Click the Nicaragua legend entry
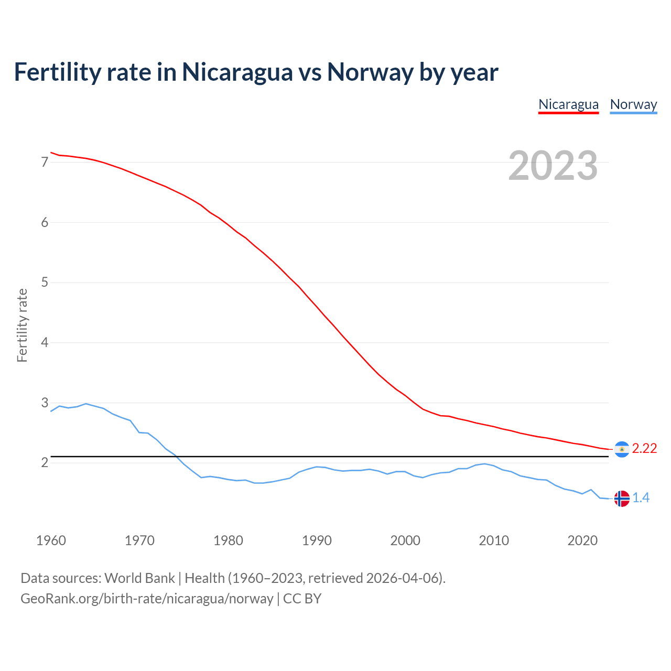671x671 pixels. point(568,104)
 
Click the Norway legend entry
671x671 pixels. point(633,104)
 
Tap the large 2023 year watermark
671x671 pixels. point(553,166)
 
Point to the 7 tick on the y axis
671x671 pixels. point(45,163)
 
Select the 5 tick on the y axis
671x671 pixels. point(45,283)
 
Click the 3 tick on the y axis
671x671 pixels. point(45,403)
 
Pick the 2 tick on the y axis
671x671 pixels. point(45,463)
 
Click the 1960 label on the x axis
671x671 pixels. point(51,540)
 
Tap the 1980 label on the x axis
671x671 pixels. point(228,540)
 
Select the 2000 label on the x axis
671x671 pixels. point(405,540)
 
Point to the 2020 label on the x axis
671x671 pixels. point(582,540)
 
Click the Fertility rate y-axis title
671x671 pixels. point(22,325)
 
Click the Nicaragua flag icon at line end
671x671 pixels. point(622,449)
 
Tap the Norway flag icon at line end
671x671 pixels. point(622,499)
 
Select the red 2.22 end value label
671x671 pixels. point(644,449)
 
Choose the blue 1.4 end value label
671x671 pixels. point(641,498)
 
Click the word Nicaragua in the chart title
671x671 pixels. point(237,72)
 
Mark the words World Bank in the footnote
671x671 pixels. point(139,578)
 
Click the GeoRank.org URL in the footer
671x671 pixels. point(147,599)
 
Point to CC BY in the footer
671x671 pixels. point(302,599)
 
